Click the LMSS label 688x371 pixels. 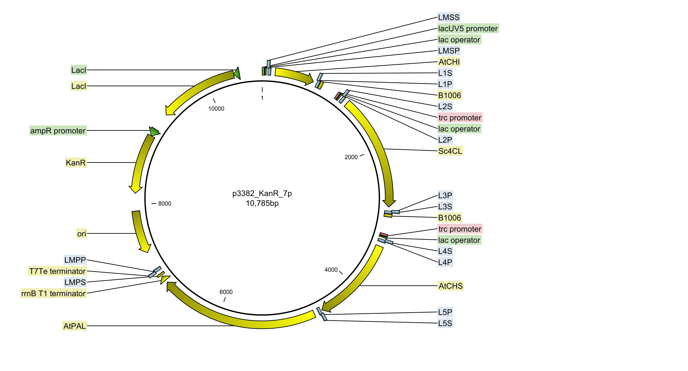[449, 17]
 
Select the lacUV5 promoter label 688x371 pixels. [468, 29]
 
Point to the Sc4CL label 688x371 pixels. [450, 151]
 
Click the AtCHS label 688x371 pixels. [451, 286]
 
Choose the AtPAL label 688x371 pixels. [75, 326]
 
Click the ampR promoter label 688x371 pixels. [58, 131]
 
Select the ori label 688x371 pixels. [81, 234]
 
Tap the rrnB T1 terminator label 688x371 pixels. [53, 293]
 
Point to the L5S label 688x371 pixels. [445, 323]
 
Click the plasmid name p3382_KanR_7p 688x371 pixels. [262, 193]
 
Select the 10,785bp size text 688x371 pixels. [262, 203]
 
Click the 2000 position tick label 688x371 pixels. [351, 157]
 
